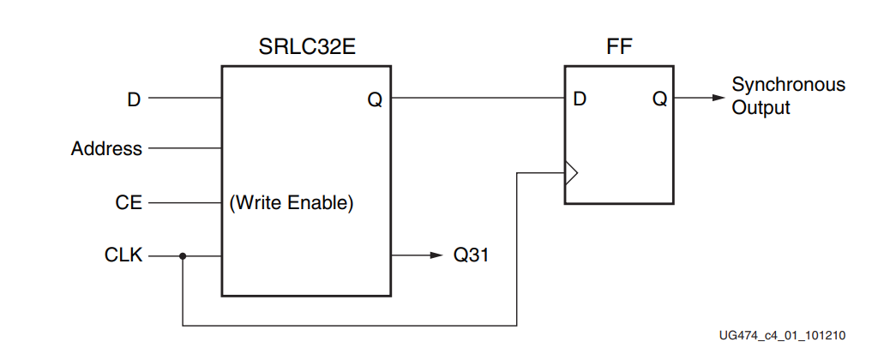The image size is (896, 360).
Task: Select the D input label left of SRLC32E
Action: (x=133, y=99)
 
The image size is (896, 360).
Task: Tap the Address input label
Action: (x=106, y=149)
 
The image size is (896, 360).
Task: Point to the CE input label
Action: (x=129, y=203)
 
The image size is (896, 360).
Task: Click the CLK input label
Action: (x=124, y=255)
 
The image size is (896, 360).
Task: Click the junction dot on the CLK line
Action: (x=183, y=255)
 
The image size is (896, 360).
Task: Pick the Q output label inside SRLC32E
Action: (x=375, y=99)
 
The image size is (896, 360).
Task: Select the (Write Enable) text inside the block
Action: (x=292, y=204)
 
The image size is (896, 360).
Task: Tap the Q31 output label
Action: (x=472, y=255)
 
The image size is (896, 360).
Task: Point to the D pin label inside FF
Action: (x=580, y=99)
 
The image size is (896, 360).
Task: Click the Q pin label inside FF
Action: (x=659, y=99)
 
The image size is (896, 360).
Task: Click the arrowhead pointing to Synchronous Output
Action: (x=718, y=98)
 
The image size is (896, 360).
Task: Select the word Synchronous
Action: (x=788, y=85)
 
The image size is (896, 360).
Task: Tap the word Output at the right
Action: (x=761, y=108)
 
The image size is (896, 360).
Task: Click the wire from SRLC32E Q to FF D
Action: (x=477, y=98)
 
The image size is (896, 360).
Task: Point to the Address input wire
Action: (x=184, y=149)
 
